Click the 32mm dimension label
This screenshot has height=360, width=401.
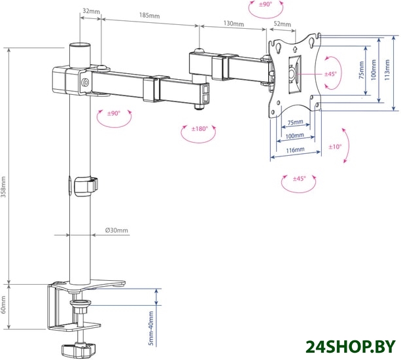[x=91, y=11]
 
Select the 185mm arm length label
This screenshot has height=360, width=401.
[x=149, y=15]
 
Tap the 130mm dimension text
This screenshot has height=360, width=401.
[x=234, y=24]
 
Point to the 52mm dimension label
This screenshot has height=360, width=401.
[x=283, y=24]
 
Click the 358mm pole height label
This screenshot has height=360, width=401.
[x=3, y=187]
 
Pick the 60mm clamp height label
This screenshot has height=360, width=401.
[x=3, y=305]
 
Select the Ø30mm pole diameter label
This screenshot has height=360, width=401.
[x=116, y=230]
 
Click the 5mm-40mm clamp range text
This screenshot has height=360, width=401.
[x=151, y=329]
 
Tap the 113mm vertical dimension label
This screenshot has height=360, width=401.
[x=387, y=70]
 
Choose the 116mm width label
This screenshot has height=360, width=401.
[x=295, y=150]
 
